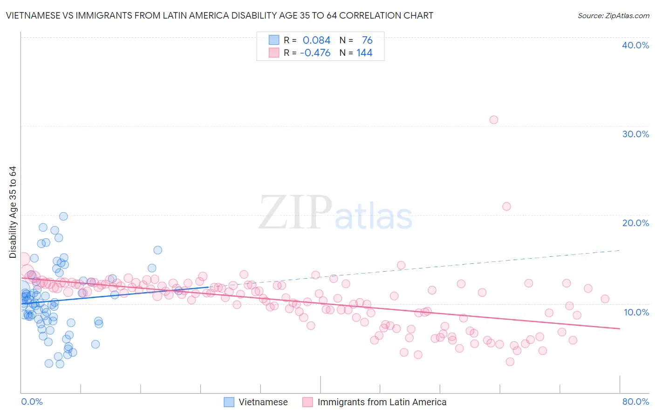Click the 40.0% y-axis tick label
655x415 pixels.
[635, 45]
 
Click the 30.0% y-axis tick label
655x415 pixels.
[635, 134]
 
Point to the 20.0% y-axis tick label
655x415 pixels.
[635, 223]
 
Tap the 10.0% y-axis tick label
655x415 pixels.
[636, 312]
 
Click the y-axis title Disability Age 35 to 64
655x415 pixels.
[13, 212]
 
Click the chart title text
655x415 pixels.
[219, 15]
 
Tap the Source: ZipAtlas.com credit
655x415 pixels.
[613, 15]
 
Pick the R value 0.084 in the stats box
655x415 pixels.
[316, 40]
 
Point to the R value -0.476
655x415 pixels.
[315, 53]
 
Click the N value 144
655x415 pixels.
[364, 53]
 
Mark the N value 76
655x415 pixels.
[367, 40]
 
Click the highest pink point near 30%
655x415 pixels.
[494, 120]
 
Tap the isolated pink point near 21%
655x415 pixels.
[506, 206]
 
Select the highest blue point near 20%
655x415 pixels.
[63, 216]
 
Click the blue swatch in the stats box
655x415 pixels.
[274, 40]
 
